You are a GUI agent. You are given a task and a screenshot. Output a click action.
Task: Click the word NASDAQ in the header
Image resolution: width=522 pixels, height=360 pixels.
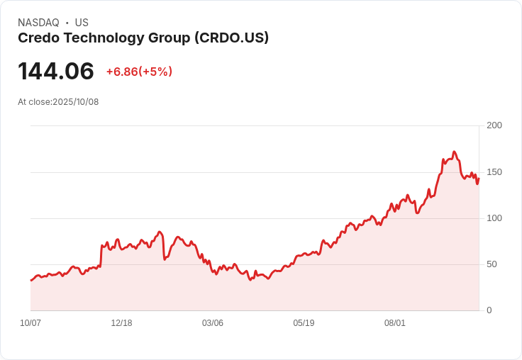point(38,23)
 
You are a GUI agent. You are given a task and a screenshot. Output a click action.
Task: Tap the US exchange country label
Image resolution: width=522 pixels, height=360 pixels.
point(82,23)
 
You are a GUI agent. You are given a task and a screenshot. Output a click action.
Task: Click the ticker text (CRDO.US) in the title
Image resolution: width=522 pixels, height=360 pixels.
point(231,38)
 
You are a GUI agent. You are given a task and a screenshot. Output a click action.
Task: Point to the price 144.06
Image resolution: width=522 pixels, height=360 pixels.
point(56,72)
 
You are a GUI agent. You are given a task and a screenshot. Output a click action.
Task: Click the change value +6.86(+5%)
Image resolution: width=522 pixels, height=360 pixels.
point(139,72)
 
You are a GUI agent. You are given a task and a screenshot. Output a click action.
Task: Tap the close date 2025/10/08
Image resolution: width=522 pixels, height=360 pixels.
point(76,102)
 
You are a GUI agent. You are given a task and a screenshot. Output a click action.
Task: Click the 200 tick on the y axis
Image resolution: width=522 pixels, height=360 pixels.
point(494,125)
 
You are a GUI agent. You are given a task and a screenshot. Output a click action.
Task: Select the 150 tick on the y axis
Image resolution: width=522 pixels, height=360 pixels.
point(494,172)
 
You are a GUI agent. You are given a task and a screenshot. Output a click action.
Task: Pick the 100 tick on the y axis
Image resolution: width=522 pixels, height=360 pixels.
point(494,218)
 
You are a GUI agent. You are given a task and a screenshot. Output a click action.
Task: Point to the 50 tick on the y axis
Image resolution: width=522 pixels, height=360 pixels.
point(492,264)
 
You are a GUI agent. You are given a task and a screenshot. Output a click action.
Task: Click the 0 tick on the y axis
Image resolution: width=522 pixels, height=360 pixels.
point(489,310)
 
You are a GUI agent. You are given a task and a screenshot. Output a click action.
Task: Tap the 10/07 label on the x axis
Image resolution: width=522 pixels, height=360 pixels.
point(30,323)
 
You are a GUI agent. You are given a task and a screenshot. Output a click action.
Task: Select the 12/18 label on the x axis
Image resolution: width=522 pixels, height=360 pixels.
point(121,323)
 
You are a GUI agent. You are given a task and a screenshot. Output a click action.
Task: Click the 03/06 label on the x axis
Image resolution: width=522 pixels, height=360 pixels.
point(213,323)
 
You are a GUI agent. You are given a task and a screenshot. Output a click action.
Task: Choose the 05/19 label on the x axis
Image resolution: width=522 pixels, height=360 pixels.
point(304,323)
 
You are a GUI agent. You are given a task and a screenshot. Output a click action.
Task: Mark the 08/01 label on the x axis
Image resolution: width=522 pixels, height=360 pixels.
point(395,323)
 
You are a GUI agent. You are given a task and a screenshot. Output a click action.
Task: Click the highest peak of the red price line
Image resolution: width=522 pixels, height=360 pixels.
point(454,152)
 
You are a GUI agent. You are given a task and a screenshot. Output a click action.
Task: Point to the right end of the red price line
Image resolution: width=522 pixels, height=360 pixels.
point(479,178)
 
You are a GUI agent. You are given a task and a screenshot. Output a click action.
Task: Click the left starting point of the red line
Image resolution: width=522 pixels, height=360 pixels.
point(30,281)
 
